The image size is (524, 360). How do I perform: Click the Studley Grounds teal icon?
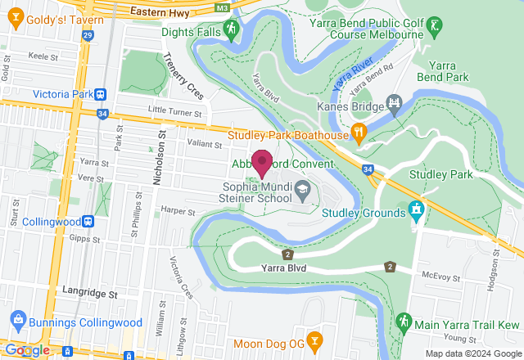(416, 210)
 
